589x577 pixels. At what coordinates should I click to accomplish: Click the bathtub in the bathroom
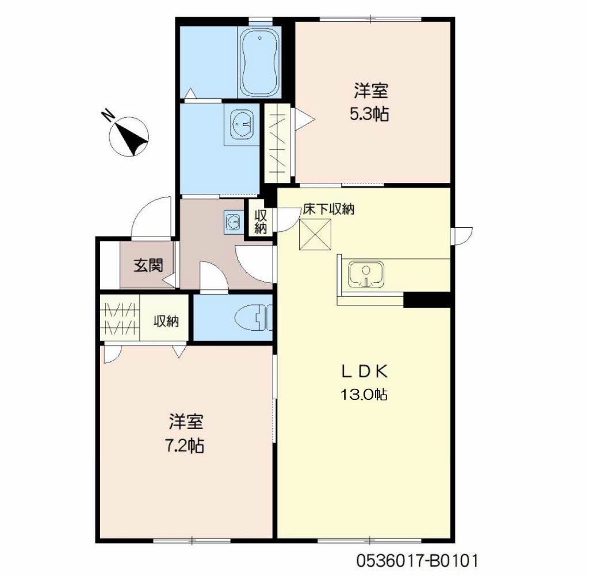pos(259,62)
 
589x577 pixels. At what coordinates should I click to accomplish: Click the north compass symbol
pos(129,136)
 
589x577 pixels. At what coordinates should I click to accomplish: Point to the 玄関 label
pos(148,266)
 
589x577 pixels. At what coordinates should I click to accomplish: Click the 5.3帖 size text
pos(369,114)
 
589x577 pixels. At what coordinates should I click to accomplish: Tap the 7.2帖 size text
pos(185,446)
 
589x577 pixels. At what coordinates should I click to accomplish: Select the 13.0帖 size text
pos(364,395)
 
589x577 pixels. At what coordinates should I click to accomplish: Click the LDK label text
pos(364,372)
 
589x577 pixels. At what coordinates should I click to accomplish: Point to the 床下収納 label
pos(328,209)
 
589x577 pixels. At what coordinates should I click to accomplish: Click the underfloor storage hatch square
pos(315,234)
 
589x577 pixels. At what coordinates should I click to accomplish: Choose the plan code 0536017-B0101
pos(417,561)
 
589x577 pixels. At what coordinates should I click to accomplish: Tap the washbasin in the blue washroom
pos(242,123)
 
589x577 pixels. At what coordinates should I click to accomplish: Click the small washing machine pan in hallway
pos(234,221)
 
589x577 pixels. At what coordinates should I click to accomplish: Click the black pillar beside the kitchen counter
pos(427,300)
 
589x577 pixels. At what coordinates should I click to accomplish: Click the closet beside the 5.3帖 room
pos(277,143)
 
